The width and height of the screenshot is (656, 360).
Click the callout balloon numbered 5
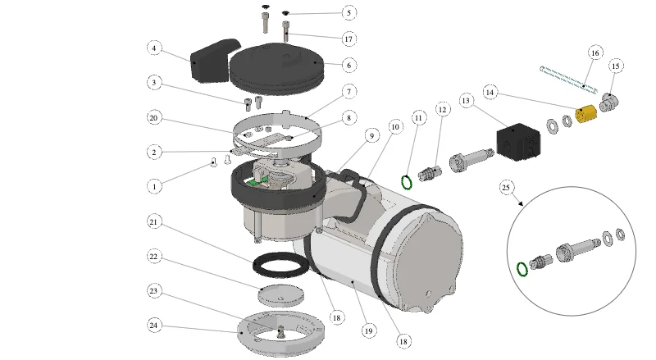349,12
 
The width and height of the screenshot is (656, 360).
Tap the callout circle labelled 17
348,39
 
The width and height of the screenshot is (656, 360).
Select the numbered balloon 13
466,101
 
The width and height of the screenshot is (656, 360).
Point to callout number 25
506,187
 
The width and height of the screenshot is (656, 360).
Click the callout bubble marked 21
154,221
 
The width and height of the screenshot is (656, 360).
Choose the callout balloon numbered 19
368,330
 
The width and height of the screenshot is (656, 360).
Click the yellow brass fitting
585,113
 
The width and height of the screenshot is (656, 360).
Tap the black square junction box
518,142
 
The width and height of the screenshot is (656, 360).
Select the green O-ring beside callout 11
407,183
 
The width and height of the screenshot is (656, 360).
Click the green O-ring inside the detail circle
522,269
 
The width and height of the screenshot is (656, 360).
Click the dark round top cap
277,69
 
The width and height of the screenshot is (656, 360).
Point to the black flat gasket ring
281,265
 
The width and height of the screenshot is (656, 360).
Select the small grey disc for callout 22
280,295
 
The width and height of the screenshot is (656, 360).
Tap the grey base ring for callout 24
280,333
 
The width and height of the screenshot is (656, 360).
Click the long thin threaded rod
568,80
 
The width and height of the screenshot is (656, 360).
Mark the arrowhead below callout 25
521,203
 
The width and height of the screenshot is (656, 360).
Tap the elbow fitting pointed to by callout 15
609,103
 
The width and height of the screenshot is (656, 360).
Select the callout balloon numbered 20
154,117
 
